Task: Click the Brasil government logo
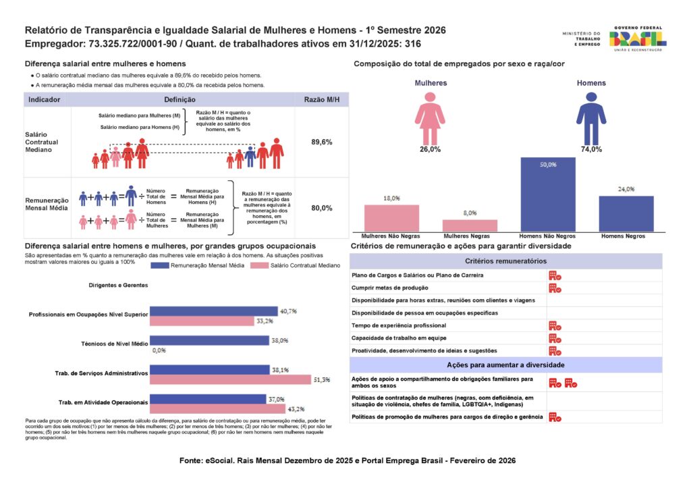(x=638, y=38)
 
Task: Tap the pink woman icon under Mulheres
(x=430, y=118)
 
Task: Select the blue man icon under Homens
(x=591, y=118)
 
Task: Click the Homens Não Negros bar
(x=547, y=194)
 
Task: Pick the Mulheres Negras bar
(x=470, y=225)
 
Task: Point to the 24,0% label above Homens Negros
(x=626, y=189)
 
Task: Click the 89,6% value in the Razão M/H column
(x=322, y=142)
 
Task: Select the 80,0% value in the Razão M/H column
(x=322, y=209)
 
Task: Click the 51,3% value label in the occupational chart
(x=322, y=380)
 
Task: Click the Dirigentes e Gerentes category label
(x=118, y=285)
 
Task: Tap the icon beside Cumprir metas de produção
(x=555, y=288)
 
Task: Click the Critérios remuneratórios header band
(x=505, y=261)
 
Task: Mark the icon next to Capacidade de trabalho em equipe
(x=555, y=338)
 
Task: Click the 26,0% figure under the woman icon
(x=430, y=149)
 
